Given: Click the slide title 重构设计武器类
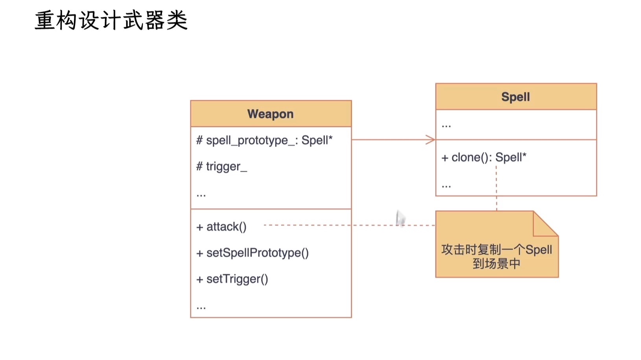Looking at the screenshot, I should click(x=111, y=20).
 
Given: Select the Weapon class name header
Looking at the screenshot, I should click(x=271, y=114).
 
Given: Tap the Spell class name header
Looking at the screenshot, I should click(x=516, y=97).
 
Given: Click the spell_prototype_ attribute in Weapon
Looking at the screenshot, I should click(x=264, y=140).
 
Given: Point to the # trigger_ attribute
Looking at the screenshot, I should click(x=222, y=167).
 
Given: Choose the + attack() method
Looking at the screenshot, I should click(x=221, y=227).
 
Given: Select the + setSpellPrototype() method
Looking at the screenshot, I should click(x=252, y=253).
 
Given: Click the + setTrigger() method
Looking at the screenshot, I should click(x=232, y=279).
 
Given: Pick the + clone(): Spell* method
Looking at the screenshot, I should click(x=484, y=157).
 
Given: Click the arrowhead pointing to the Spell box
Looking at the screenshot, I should click(x=431, y=140).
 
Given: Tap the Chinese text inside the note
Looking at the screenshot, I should click(x=496, y=256).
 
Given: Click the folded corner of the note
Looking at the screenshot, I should click(x=545, y=224).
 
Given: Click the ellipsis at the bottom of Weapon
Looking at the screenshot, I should click(x=201, y=307).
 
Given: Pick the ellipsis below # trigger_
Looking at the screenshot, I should click(x=201, y=194).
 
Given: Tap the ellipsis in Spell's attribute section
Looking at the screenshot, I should click(x=446, y=126).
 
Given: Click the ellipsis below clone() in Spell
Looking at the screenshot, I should click(x=446, y=185).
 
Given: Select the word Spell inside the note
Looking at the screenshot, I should click(x=539, y=250).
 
